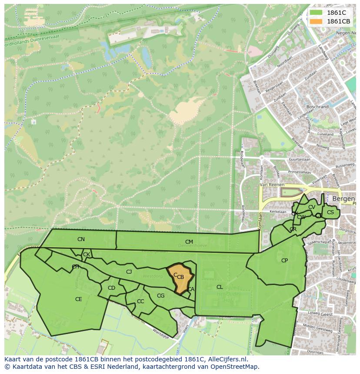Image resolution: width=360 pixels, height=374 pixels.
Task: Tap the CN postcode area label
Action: click(x=81, y=239)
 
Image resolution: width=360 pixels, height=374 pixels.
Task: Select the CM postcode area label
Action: click(x=189, y=242)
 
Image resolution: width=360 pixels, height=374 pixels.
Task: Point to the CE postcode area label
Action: click(x=78, y=299)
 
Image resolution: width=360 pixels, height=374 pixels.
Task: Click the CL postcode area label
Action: click(x=220, y=287)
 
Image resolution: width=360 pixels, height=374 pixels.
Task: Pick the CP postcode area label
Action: click(x=284, y=261)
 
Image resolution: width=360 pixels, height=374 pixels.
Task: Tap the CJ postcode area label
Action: click(x=129, y=272)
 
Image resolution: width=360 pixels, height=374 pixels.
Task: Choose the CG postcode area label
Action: click(x=160, y=296)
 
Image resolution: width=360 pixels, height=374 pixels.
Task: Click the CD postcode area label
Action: click(x=111, y=288)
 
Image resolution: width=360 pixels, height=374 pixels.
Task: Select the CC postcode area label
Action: click(x=140, y=301)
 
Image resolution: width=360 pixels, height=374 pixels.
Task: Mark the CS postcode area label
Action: click(x=330, y=212)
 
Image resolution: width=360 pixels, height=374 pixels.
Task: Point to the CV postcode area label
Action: click(x=311, y=207)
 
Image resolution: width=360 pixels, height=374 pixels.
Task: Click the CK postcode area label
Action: click(x=87, y=255)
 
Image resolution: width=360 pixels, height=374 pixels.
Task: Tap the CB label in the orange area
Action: click(x=180, y=277)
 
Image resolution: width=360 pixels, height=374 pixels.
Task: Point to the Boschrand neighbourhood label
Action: click(x=317, y=106)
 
